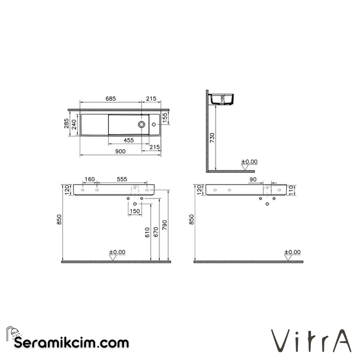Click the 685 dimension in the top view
[111, 99]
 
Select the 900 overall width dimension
[120, 152]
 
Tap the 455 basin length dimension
[129, 140]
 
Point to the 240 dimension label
[74, 125]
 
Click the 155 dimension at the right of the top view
[165, 117]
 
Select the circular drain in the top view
[142, 124]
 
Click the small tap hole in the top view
[154, 124]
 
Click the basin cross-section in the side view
[222, 99]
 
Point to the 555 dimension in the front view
[122, 180]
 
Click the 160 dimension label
[89, 180]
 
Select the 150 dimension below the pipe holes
[135, 211]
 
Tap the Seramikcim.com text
[71, 342]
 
